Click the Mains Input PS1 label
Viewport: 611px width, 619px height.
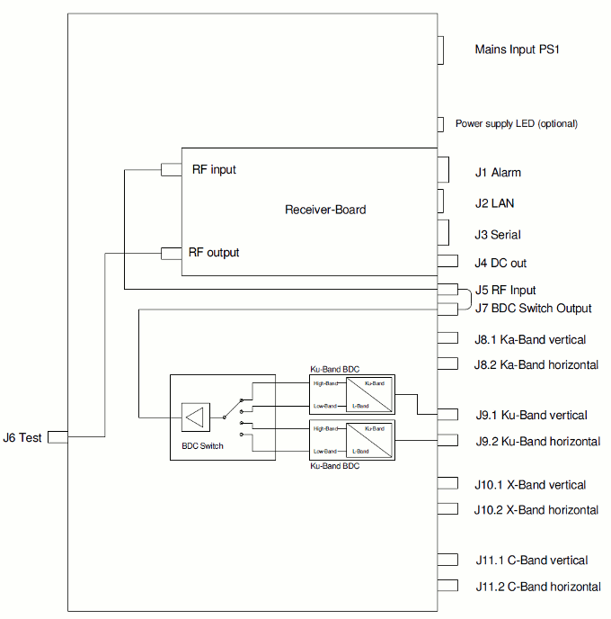[517, 49]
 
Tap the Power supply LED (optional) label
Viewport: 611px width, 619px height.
[516, 123]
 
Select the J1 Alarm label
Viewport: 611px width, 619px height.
[498, 173]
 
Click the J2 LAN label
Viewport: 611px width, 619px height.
[494, 203]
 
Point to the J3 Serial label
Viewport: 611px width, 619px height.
[498, 235]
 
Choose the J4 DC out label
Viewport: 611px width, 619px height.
[500, 263]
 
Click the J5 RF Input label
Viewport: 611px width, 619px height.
[505, 290]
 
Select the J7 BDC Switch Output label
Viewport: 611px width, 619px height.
[533, 309]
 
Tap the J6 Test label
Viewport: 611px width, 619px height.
[22, 437]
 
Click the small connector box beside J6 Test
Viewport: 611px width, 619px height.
[58, 437]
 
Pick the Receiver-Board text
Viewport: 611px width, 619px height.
[325, 210]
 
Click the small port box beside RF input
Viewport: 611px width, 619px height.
[171, 170]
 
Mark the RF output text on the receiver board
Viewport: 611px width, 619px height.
[214, 252]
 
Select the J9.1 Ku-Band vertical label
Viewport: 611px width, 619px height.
[531, 416]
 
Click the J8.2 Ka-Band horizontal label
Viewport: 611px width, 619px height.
[536, 364]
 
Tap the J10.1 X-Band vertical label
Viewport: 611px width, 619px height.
[530, 485]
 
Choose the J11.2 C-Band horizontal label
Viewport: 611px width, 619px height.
[538, 587]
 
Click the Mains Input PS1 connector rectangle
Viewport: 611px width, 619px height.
[441, 50]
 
